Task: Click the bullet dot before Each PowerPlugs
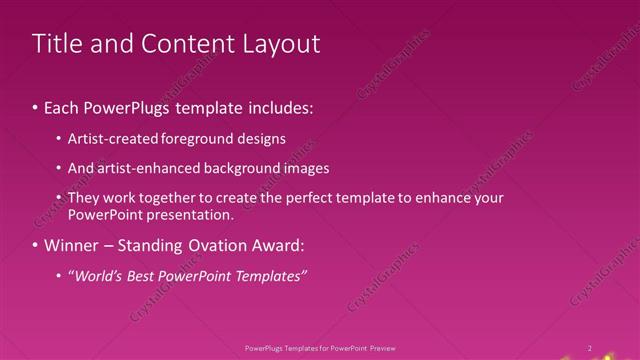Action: [36, 106]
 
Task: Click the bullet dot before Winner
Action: [36, 245]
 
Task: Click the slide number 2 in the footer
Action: [589, 348]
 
